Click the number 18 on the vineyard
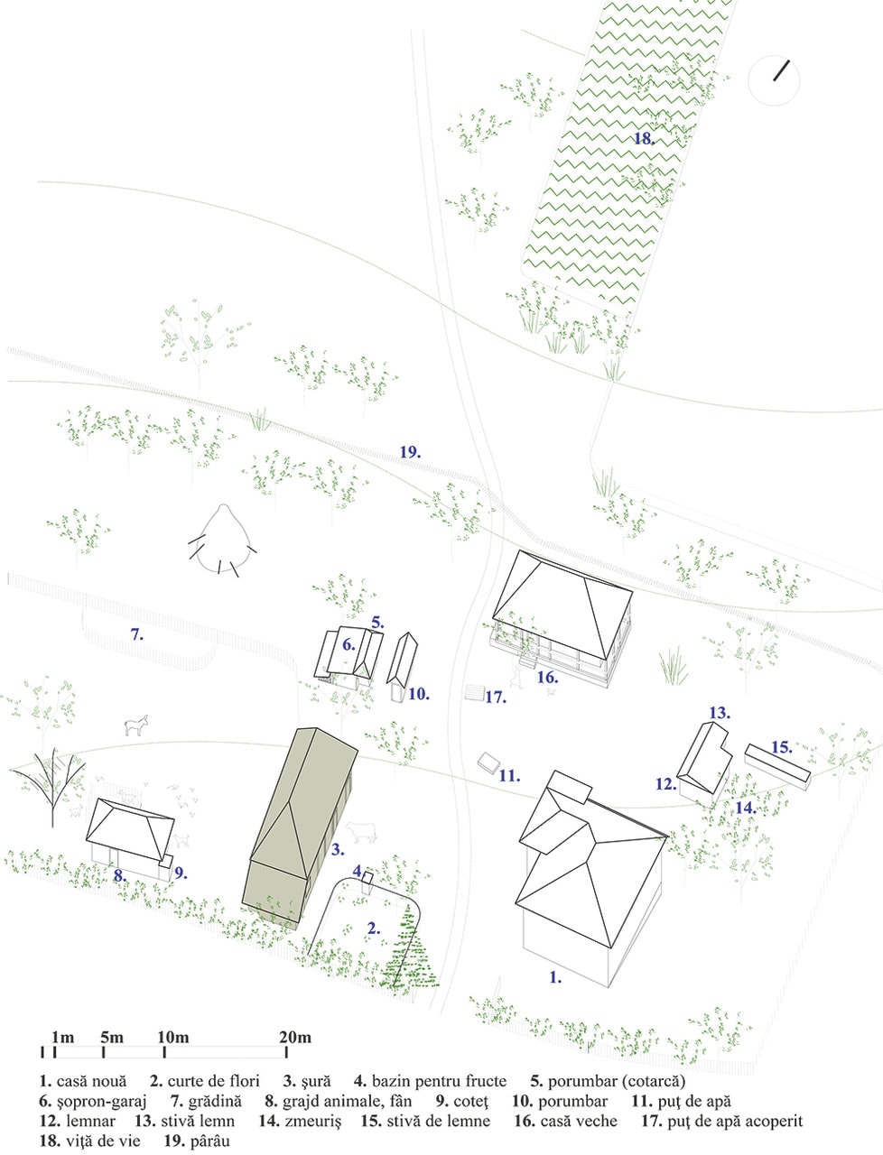(644, 139)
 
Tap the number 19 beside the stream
(410, 452)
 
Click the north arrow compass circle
(774, 81)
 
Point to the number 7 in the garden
(137, 634)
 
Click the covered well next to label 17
(474, 692)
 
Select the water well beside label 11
(488, 762)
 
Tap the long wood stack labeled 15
(777, 766)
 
